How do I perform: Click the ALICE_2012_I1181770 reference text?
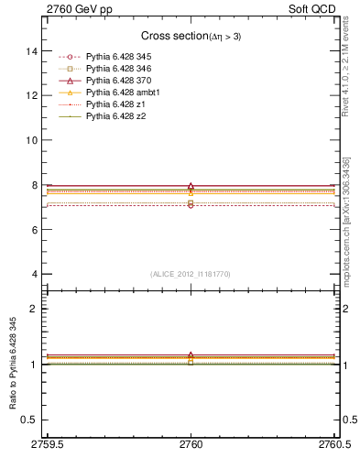(191, 274)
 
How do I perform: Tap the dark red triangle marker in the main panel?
(191, 186)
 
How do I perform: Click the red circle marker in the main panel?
(191, 205)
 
